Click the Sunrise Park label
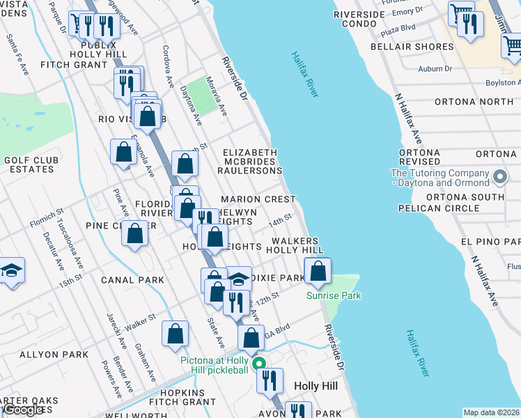click(334, 295)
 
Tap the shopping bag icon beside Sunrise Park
click(318, 272)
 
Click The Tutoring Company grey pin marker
click(499, 178)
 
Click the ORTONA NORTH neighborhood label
click(474, 102)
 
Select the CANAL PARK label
click(132, 280)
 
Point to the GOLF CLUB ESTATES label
click(30, 164)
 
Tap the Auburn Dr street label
click(435, 68)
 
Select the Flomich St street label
click(47, 218)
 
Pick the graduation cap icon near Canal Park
click(11, 270)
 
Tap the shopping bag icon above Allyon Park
click(176, 334)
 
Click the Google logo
click(23, 410)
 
